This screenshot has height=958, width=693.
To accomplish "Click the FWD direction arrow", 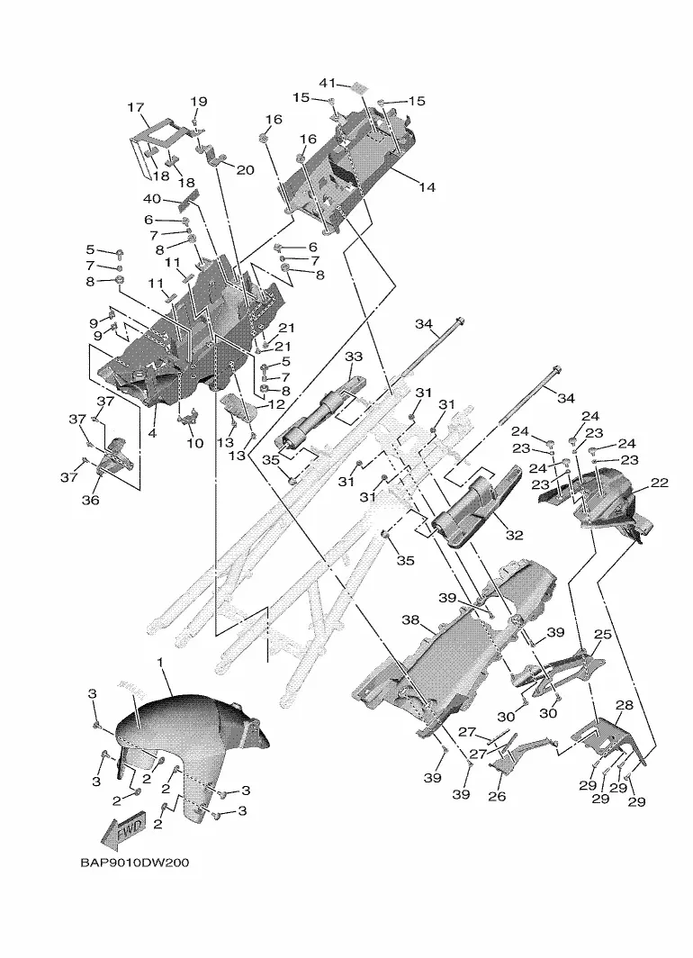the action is (124, 830).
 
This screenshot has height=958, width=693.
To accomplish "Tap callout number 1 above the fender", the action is (160, 663).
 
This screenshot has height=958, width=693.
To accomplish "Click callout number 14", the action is (427, 186).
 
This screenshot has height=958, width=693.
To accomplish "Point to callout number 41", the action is (328, 83).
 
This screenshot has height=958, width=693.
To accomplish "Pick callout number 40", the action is (152, 199).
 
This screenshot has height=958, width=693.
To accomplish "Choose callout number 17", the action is (136, 107).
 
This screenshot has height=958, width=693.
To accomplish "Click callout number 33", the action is (354, 357).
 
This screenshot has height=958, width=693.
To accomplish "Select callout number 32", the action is (515, 535).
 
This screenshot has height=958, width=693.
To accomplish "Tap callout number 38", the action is (410, 620).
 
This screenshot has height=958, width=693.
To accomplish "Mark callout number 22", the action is (660, 483).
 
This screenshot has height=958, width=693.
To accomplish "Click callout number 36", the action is (90, 500).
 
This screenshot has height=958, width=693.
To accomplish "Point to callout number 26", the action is (498, 796).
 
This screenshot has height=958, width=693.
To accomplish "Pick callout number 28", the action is (625, 705).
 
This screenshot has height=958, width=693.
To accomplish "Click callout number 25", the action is (603, 634).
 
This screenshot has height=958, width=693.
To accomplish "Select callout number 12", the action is (276, 404).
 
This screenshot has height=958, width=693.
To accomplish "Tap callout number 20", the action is (245, 169).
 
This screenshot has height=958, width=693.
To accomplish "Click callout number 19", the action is (198, 102).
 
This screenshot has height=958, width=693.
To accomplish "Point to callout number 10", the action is (194, 442).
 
